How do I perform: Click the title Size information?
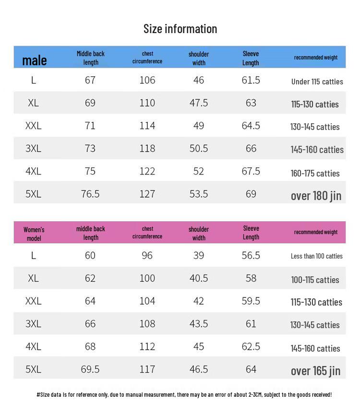180,29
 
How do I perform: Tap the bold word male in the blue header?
35,60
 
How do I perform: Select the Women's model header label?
34,234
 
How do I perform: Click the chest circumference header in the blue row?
147,58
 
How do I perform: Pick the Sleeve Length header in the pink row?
251,233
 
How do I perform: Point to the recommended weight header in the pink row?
316,232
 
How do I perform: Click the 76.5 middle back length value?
90,194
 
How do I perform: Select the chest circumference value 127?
147,194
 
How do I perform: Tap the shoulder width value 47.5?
199,103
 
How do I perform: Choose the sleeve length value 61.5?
251,80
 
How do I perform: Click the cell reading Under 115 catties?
317,82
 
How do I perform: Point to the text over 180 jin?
316,195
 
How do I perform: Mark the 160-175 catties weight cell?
315,173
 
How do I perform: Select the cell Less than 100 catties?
317,256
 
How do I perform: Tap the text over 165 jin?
315,370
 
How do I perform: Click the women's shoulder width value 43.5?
199,324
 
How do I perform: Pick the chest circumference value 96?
147,255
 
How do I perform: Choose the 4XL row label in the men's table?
34,171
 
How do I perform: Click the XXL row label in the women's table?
34,301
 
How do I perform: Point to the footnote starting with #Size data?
184,395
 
